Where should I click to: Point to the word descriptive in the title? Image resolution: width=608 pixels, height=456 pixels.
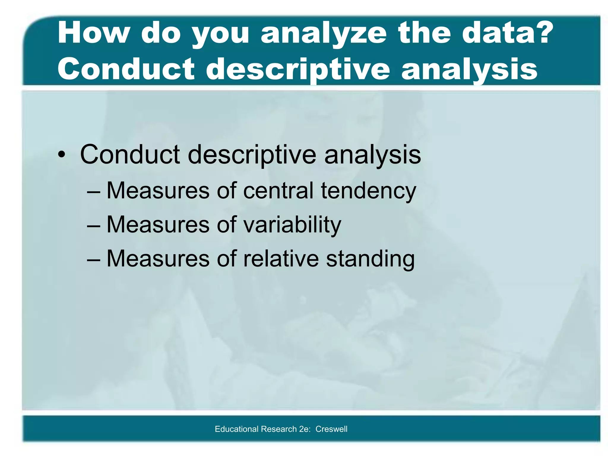[298, 70]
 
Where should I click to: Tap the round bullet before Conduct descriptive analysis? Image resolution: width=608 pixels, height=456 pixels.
[61, 155]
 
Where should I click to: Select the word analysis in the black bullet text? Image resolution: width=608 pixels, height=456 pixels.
[373, 155]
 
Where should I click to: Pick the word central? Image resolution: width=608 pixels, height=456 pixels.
[278, 191]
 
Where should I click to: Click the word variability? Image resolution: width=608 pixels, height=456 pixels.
[292, 225]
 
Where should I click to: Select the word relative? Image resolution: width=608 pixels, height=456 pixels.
[281, 259]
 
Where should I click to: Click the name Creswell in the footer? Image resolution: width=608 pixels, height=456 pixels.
[331, 429]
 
